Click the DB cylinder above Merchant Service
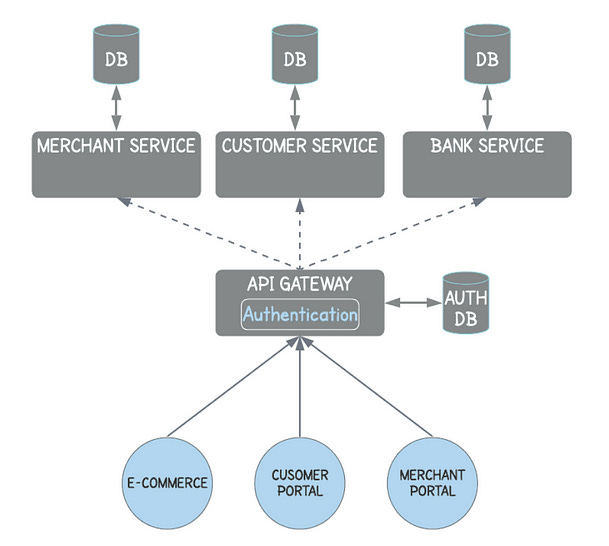click(116, 57)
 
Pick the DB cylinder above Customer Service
click(295, 57)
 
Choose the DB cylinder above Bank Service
click(487, 57)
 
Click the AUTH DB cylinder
click(466, 303)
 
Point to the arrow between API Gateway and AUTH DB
click(414, 301)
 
